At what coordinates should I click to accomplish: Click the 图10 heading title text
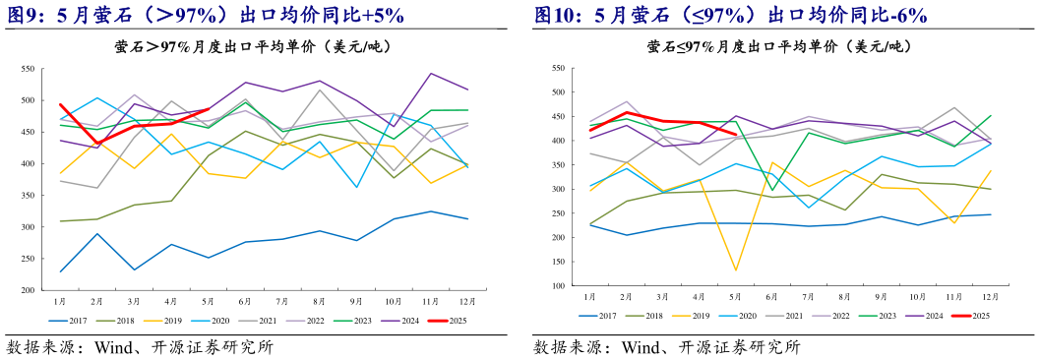[x=730, y=15]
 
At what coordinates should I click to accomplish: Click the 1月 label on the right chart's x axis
[x=589, y=295]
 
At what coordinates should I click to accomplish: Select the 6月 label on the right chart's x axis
[x=773, y=295]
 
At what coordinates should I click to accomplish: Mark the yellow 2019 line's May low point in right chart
[x=736, y=270]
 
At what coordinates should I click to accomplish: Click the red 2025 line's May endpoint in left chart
[x=208, y=109]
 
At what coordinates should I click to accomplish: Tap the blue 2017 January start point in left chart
[x=60, y=271]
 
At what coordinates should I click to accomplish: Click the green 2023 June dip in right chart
[x=773, y=190]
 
